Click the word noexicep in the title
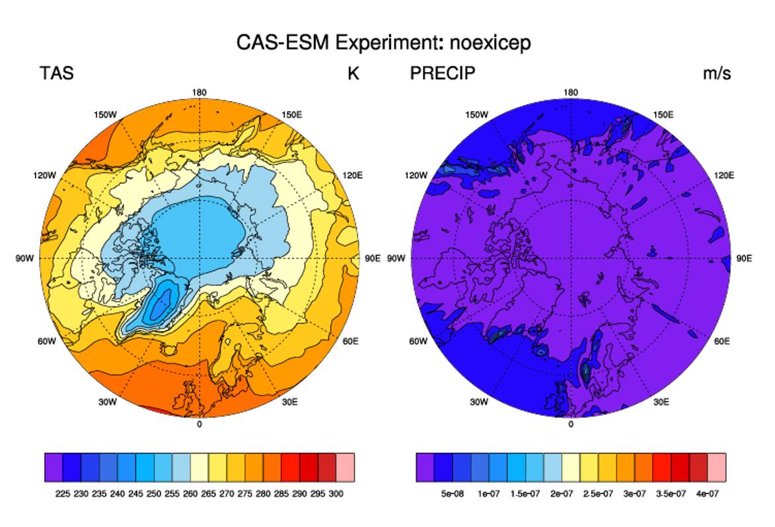[x=490, y=42]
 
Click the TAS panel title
[x=57, y=73]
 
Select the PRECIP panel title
[x=443, y=73]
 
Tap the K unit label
[x=353, y=73]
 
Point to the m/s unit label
[x=717, y=73]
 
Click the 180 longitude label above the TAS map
[x=199, y=92]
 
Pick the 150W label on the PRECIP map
[x=476, y=115]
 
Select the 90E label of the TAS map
[x=373, y=258]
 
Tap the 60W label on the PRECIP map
[x=418, y=341]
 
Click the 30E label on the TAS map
[x=289, y=402]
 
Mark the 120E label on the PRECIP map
[x=724, y=176]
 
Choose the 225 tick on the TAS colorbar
[x=63, y=493]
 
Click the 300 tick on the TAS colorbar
[x=336, y=493]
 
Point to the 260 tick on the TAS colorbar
[x=190, y=493]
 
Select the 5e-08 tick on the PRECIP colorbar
[x=452, y=493]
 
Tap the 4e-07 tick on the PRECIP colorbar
[x=708, y=493]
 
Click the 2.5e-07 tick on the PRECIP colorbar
[x=598, y=493]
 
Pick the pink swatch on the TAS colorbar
[x=345, y=467]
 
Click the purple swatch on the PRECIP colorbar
[x=425, y=467]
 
